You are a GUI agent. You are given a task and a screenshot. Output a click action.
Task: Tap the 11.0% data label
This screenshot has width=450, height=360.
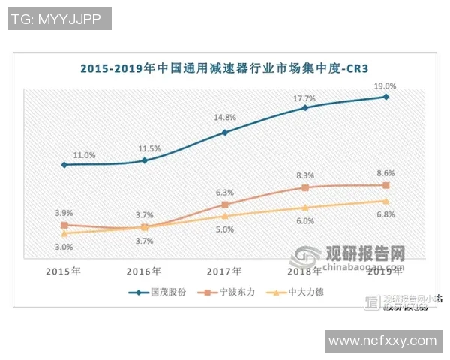click(84, 155)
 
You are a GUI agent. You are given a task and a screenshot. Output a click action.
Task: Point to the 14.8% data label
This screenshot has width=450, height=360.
click(225, 117)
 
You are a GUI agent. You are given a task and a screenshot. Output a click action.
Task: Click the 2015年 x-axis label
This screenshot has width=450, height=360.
click(64, 271)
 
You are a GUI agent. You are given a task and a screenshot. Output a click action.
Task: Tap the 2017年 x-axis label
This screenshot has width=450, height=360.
click(225, 271)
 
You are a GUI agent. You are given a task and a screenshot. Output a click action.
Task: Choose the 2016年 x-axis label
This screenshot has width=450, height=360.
click(145, 271)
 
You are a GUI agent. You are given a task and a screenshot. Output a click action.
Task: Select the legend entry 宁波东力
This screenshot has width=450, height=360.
click(233, 292)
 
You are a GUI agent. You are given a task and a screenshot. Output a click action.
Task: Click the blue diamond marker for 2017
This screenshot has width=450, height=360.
click(225, 133)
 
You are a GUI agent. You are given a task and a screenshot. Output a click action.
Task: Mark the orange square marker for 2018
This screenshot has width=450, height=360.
click(305, 187)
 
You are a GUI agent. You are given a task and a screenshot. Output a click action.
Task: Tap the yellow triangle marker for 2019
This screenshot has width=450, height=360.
click(386, 201)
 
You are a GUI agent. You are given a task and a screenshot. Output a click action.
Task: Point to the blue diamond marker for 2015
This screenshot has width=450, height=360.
click(64, 165)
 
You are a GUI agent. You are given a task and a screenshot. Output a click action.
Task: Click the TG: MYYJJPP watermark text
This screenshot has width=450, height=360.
click(59, 19)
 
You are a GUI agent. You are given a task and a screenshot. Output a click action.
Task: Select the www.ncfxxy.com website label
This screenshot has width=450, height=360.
click(382, 340)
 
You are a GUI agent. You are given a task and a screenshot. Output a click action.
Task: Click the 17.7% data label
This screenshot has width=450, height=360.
click(305, 97)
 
